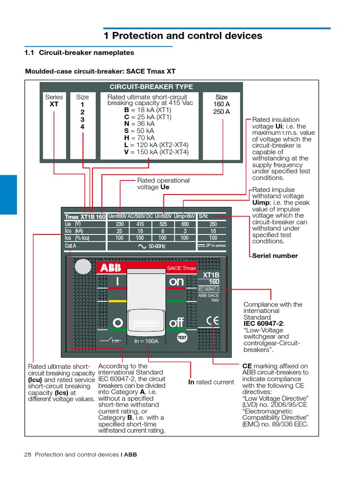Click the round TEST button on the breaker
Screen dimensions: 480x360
coord(182,337)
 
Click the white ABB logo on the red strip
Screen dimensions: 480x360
coord(109,268)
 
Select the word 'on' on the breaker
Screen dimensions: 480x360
coord(177,281)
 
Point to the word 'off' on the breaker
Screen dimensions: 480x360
coord(176,322)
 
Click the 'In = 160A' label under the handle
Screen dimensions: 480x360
coord(146,341)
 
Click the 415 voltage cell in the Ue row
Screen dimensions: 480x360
coord(140,224)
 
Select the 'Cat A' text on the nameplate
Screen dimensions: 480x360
coord(70,246)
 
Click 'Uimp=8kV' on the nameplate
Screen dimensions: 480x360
coord(184,216)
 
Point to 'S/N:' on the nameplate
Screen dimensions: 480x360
coord(203,216)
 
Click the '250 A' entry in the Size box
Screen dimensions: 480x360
coord(221,112)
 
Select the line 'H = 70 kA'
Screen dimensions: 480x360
coord(139,138)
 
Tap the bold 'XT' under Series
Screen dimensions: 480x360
coord(54,104)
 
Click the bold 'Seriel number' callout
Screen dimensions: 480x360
coord(275,255)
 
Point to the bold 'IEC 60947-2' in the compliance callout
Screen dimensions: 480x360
coord(263,323)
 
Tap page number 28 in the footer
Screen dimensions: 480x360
coord(27,454)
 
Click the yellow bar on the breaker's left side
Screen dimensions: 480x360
coord(117,301)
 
